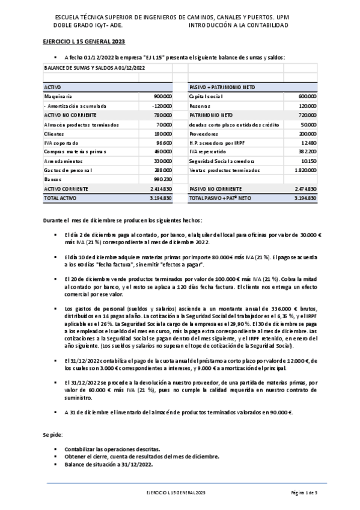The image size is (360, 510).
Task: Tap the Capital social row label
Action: click(206, 96)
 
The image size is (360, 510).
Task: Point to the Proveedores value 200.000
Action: click(307, 134)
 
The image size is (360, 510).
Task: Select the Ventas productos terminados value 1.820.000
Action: click(305, 170)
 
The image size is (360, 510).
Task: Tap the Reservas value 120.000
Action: click(307, 106)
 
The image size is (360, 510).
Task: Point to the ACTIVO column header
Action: click(53, 87)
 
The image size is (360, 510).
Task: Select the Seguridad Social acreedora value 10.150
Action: click(308, 161)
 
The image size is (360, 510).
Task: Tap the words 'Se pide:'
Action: click(52, 434)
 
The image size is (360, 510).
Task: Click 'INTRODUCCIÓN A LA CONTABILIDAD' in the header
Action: click(239, 26)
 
